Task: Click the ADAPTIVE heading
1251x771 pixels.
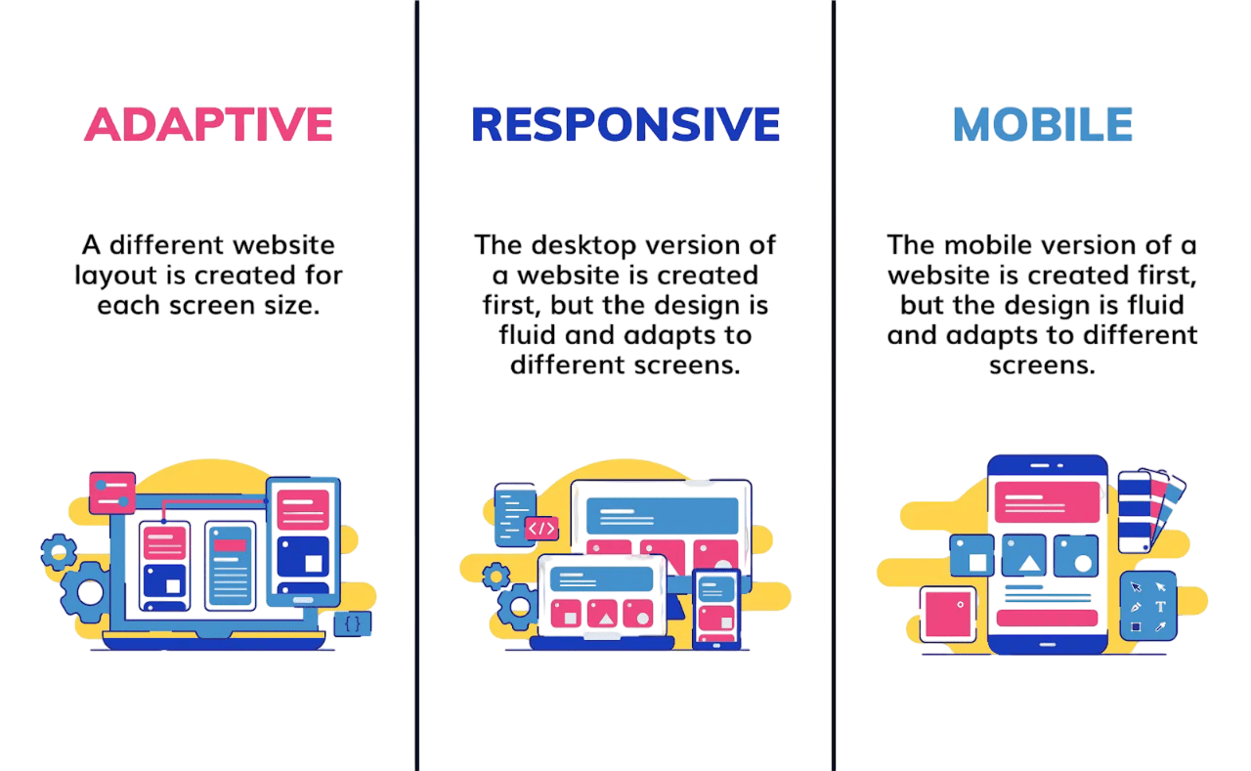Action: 208,125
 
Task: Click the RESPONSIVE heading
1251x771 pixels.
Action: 625,125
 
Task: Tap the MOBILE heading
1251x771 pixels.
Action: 1042,125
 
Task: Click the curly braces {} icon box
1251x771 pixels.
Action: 353,622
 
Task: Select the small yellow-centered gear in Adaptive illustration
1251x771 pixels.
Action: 59,552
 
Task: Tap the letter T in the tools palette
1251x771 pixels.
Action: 1160,606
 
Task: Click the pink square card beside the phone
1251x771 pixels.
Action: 948,614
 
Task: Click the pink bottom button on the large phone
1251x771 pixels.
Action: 1047,618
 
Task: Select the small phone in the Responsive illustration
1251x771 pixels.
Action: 716,608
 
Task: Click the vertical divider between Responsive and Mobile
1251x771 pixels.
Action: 834,385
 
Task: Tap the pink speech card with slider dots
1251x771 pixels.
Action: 111,492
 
